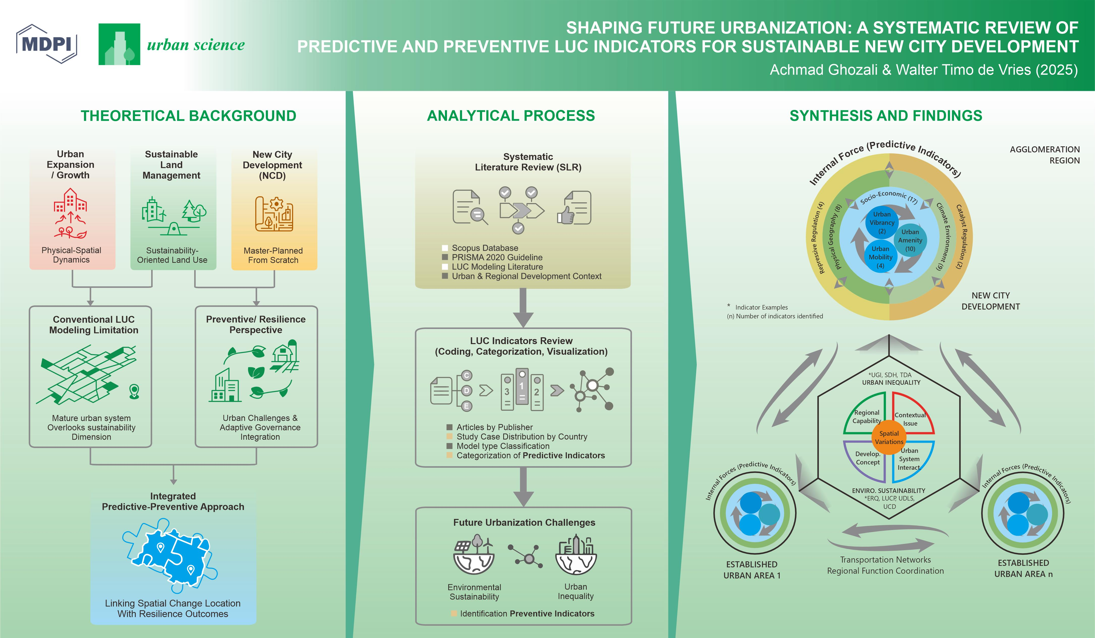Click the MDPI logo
(x=46, y=44)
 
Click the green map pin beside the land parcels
(x=134, y=391)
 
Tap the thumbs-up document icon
(x=574, y=208)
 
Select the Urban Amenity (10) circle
(x=910, y=240)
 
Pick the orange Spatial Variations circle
(x=889, y=437)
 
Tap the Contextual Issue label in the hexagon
(x=910, y=419)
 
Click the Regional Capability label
(x=866, y=416)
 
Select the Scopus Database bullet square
(x=444, y=248)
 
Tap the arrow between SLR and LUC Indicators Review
(x=523, y=309)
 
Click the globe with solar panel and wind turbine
(x=474, y=554)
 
